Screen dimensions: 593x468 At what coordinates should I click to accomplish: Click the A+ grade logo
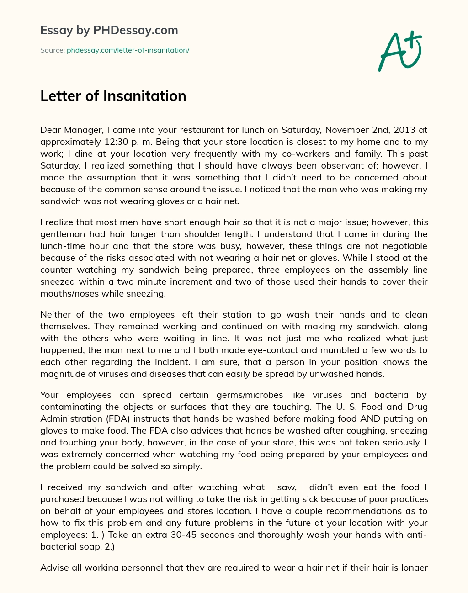tap(399, 51)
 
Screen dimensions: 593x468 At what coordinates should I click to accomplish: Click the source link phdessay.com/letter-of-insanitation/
tap(128, 50)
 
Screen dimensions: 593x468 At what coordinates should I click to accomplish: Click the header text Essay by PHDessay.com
tap(109, 30)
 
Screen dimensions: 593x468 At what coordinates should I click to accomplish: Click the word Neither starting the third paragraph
tap(57, 314)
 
